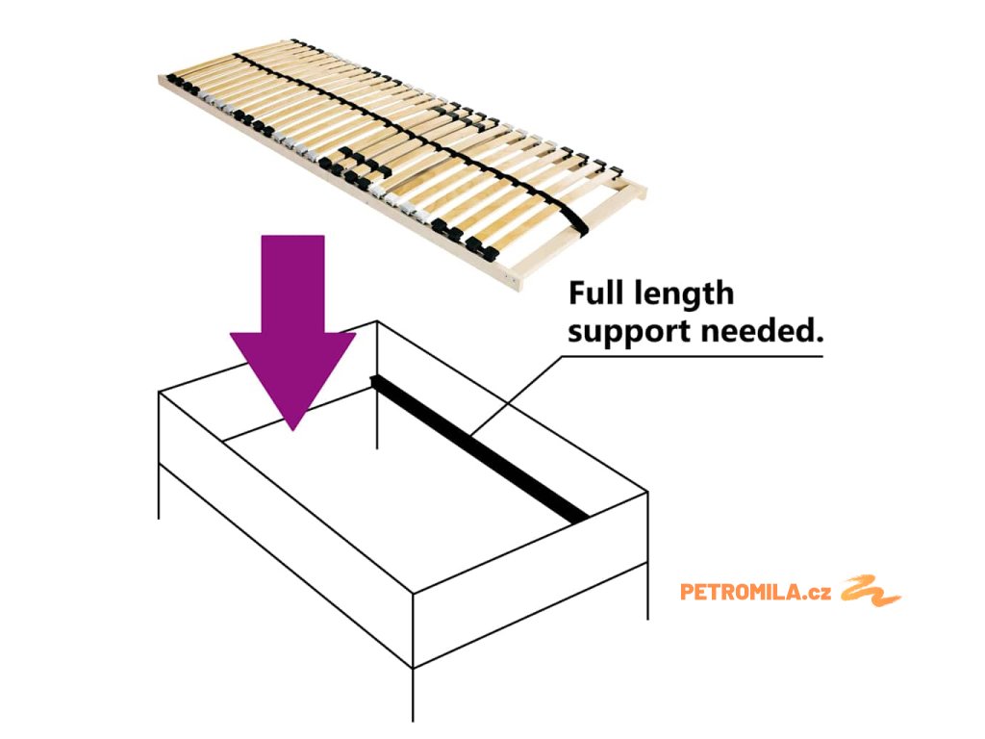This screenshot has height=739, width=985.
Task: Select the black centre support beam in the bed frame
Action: pos(481,447)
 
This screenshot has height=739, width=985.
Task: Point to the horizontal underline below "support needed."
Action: pos(693,356)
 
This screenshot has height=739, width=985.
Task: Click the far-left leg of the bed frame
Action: pos(159,491)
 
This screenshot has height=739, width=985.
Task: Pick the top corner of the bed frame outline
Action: pos(377,321)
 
